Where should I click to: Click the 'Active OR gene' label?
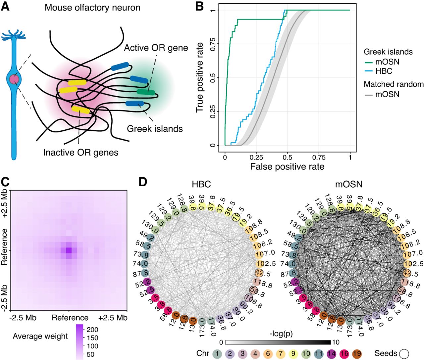(x=156, y=48)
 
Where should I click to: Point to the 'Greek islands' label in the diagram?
(x=155, y=128)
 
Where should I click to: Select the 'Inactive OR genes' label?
(x=81, y=153)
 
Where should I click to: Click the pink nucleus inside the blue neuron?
(x=14, y=80)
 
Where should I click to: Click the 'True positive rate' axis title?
(x=199, y=77)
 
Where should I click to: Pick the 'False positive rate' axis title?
(x=287, y=166)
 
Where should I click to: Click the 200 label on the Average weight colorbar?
(x=93, y=330)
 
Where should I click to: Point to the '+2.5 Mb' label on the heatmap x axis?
(x=113, y=318)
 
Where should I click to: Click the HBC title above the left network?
(x=201, y=184)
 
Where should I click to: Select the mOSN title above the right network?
(x=349, y=184)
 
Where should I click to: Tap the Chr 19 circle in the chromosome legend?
(x=357, y=354)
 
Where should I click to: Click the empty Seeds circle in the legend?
(x=404, y=354)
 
